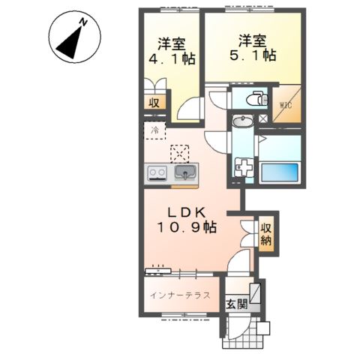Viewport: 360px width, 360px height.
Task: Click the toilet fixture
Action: (254, 98)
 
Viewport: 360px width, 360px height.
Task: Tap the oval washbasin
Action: (242, 122)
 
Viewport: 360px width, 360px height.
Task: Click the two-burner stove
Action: (157, 174)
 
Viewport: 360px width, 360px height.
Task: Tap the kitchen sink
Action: (185, 174)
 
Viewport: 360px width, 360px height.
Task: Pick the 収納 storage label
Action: (266, 234)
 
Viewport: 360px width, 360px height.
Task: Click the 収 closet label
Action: (153, 103)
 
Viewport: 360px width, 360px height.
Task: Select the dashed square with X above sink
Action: (181, 152)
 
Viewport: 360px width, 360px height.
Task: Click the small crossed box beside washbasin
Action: (263, 118)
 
